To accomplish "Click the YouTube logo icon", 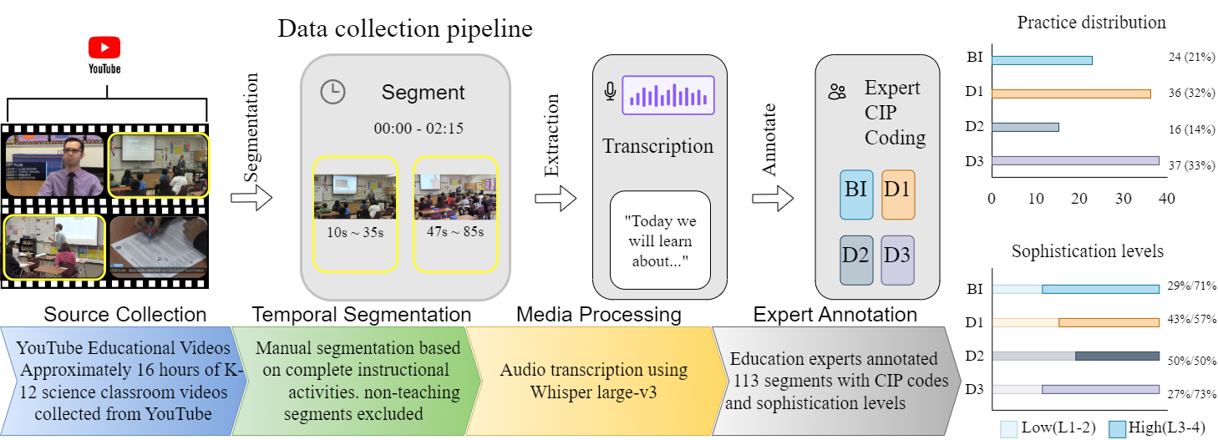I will pyautogui.click(x=104, y=48).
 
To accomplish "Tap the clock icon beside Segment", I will pyautogui.click(x=333, y=92).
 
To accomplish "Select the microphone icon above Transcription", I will pyautogui.click(x=611, y=92).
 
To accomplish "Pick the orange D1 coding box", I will pyautogui.click(x=898, y=195).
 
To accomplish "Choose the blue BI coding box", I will pyautogui.click(x=856, y=195).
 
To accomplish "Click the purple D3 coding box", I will pyautogui.click(x=898, y=260).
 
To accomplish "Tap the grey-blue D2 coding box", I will pyautogui.click(x=856, y=260).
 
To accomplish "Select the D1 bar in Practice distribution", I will pyautogui.click(x=1071, y=94).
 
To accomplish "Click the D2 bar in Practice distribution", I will pyautogui.click(x=1025, y=127).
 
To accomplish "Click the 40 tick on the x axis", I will pyautogui.click(x=1167, y=200).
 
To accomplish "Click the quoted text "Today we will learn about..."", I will pyautogui.click(x=659, y=241).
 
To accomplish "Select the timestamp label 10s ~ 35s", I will pyautogui.click(x=355, y=231).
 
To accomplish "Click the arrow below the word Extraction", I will pyautogui.click(x=556, y=199).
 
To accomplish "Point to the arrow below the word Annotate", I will pyautogui.click(x=773, y=199).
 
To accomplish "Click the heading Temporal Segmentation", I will pyautogui.click(x=362, y=315).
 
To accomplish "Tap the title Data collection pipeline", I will pyautogui.click(x=405, y=30).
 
